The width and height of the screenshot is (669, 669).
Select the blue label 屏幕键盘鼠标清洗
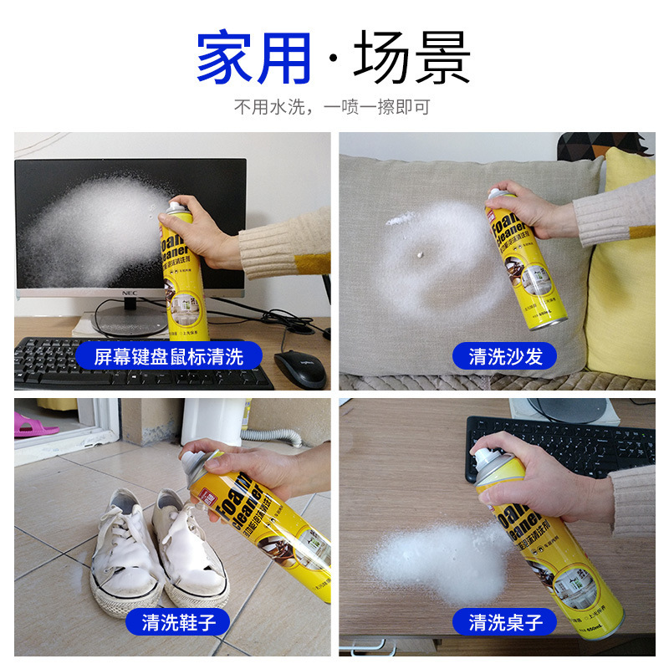click(170, 356)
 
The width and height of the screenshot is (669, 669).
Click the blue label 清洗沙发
click(506, 356)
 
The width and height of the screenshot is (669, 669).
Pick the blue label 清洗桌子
click(506, 622)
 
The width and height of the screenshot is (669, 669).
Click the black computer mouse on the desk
click(299, 368)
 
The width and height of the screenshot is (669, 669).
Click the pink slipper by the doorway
click(33, 424)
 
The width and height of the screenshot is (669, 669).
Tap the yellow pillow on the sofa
click(623, 268)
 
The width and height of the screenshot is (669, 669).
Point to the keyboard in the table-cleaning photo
click(560, 443)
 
